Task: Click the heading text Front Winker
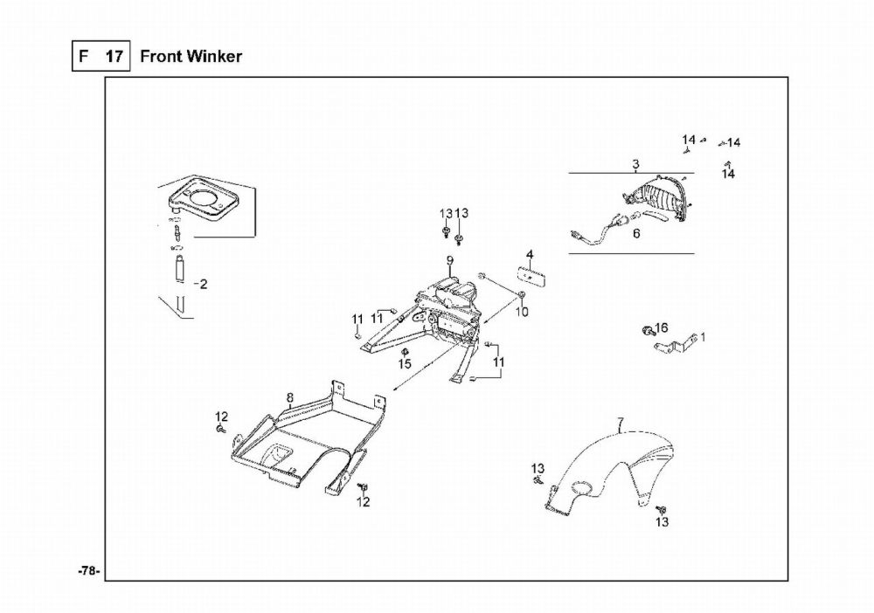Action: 191,57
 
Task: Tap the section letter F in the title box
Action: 85,57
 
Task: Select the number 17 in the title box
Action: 114,57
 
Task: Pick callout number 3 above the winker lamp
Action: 635,164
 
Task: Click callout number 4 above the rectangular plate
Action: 529,255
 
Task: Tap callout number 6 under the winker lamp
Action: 636,233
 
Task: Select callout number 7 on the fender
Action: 621,424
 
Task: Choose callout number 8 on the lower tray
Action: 289,398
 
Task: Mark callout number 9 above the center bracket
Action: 449,260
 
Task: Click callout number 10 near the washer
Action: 522,311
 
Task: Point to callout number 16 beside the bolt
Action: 662,327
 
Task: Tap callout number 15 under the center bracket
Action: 405,363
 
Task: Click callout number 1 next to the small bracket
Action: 704,336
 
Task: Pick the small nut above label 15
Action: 405,351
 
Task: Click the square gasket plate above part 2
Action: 206,200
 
